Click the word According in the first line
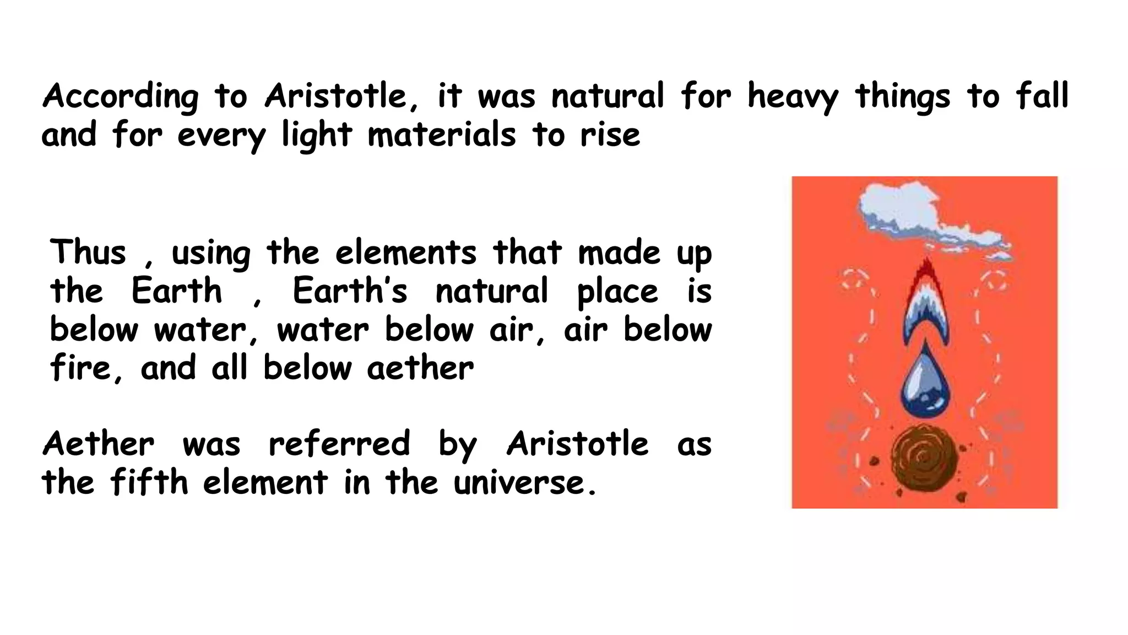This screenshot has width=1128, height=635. pyautogui.click(x=121, y=96)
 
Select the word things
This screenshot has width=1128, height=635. pyautogui.click(x=902, y=96)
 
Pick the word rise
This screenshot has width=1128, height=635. pyautogui.click(x=610, y=135)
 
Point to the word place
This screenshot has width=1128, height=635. pyautogui.click(x=617, y=292)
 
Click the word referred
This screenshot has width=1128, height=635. pyautogui.click(x=339, y=444)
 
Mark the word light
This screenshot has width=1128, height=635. pyautogui.click(x=317, y=135)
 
